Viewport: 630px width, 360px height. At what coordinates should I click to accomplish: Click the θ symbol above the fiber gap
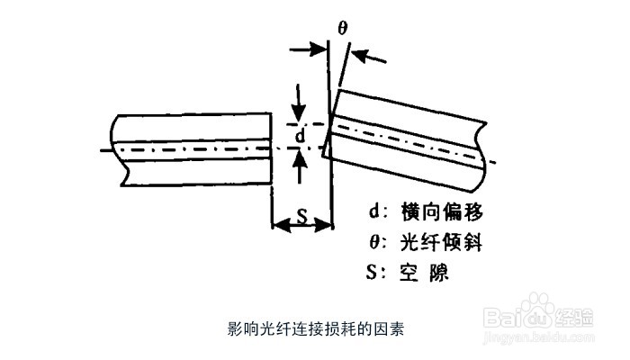(343, 28)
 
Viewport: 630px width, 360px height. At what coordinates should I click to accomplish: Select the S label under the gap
(302, 217)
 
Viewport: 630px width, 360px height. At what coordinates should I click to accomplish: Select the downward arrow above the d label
(299, 116)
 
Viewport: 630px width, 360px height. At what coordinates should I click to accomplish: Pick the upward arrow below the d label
(299, 156)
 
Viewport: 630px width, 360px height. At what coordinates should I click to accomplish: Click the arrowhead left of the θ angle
(319, 49)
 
